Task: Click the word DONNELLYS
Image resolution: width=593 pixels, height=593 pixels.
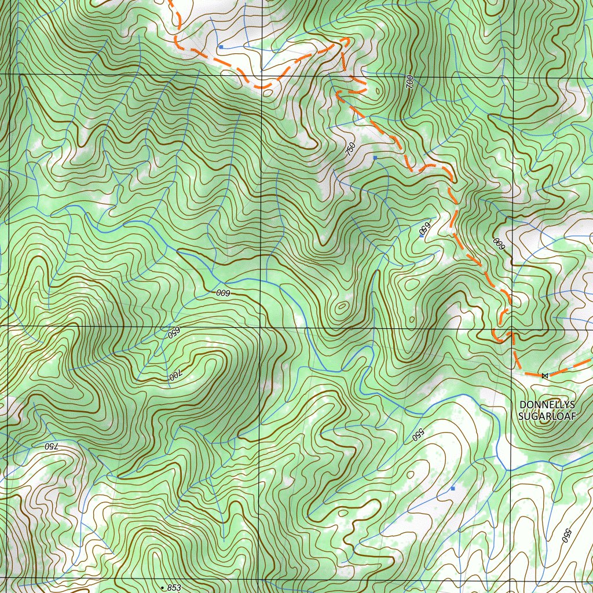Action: [x=544, y=404]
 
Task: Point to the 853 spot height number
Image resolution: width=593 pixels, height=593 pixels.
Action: [x=174, y=587]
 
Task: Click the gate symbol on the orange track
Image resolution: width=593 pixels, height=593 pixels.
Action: [x=544, y=376]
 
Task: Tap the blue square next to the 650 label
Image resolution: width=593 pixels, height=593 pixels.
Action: [x=422, y=236]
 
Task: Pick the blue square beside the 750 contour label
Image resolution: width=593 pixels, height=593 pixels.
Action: [x=375, y=158]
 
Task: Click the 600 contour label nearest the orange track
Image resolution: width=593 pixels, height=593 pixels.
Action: [x=497, y=243]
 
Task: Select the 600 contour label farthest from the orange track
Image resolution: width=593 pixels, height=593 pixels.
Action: [x=224, y=293]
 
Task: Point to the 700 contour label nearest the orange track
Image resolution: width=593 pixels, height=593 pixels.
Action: [x=410, y=82]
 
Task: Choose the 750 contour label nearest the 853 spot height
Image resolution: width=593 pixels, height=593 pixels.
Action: [x=50, y=446]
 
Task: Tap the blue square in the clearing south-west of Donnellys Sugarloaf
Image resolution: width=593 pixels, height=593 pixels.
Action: [x=453, y=488]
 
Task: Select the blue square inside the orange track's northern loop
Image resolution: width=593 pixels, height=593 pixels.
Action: [x=221, y=46]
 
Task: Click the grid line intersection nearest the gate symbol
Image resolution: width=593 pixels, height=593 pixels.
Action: [x=511, y=326]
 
